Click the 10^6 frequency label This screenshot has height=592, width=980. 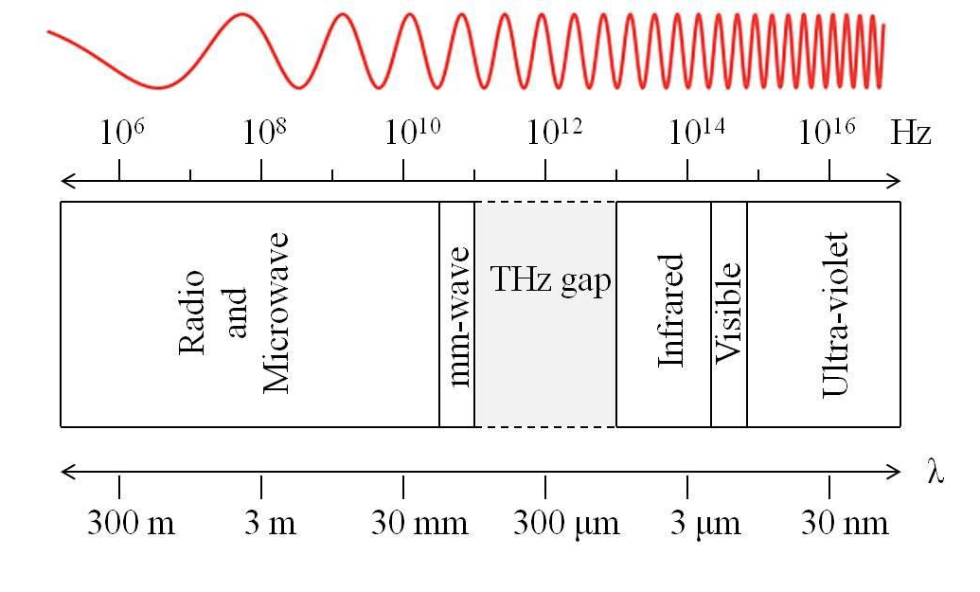122,132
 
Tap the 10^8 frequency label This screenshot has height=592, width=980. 264,132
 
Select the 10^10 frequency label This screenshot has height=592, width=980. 412,132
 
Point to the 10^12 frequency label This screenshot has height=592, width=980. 554,132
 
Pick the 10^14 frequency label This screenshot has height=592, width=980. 697,132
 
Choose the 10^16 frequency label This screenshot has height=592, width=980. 827,132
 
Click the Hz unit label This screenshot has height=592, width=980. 911,133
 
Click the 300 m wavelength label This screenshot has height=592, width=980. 131,523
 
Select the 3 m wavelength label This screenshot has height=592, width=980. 270,523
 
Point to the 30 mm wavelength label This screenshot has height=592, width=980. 419,523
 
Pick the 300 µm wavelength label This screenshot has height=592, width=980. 566,524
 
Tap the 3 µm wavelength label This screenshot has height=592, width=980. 705,524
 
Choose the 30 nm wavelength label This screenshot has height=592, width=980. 845,523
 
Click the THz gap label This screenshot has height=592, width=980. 550,279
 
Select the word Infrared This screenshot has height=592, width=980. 671,310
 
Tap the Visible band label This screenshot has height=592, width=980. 728,313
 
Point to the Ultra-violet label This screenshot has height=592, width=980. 835,314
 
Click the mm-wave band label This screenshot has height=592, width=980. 459,316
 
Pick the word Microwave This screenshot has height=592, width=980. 276,313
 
